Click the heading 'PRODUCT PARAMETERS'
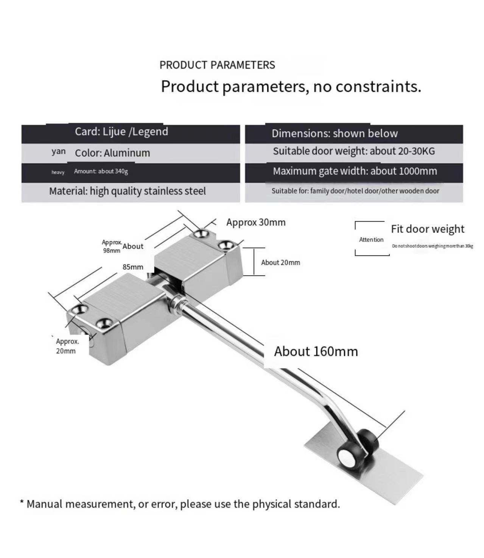click(x=217, y=65)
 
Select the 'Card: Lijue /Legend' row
click(x=121, y=132)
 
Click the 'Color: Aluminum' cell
click(x=112, y=153)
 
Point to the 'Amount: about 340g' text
click(x=101, y=171)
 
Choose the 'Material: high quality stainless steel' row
click(x=128, y=191)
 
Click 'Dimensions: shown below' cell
click(x=335, y=134)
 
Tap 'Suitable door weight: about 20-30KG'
click(x=354, y=151)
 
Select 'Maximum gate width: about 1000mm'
click(x=355, y=171)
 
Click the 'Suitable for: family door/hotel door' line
click(x=355, y=191)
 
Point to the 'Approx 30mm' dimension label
click(x=256, y=223)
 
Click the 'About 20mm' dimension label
click(x=280, y=263)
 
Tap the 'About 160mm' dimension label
click(x=316, y=352)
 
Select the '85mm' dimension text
click(x=133, y=267)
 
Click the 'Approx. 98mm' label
click(x=112, y=246)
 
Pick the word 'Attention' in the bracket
click(x=371, y=240)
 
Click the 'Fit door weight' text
click(x=428, y=229)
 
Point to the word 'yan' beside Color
click(x=59, y=151)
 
